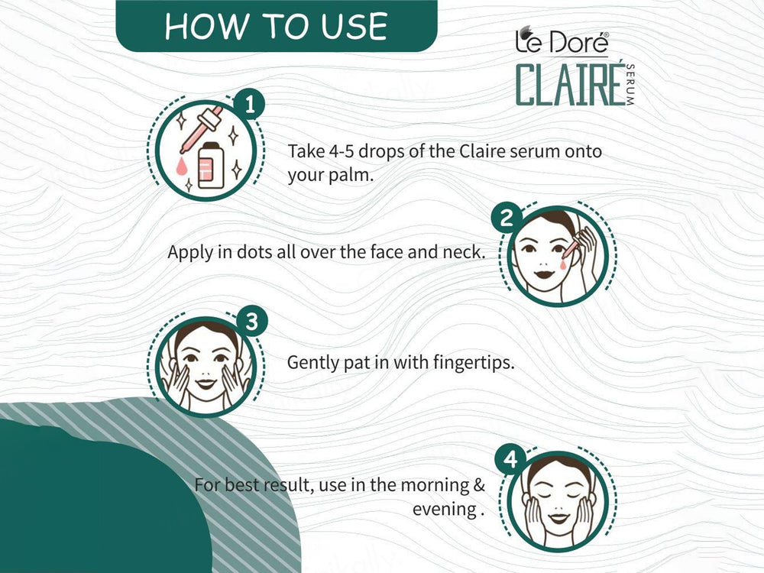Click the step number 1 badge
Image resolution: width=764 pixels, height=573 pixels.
248,104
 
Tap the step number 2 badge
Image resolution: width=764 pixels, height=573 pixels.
506,219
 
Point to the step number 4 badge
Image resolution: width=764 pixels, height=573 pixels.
510,460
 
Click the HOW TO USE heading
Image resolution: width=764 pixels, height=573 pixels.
276,26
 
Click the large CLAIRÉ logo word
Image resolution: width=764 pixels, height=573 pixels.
566,86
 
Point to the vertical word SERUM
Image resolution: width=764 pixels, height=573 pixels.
630,86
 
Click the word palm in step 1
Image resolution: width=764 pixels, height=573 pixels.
352,175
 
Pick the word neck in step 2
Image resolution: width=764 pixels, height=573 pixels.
463,252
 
